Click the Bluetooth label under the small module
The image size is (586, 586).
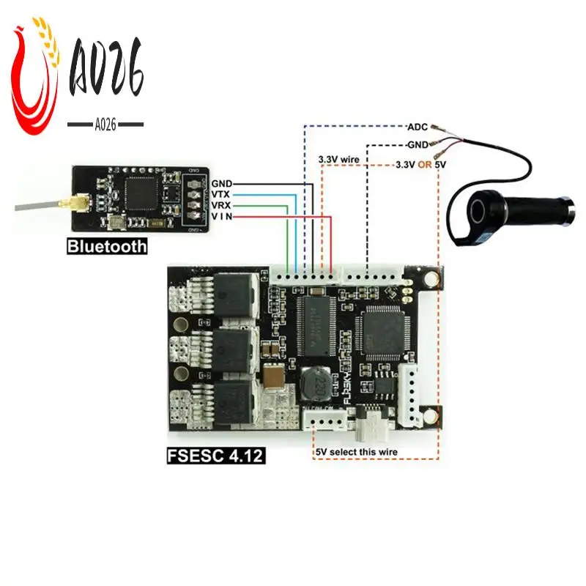107,247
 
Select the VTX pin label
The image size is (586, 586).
221,194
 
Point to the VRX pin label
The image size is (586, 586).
221,206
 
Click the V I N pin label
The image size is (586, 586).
221,217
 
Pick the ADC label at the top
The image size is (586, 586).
417,126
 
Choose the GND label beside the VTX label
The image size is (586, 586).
221,182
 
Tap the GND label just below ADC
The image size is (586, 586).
416,146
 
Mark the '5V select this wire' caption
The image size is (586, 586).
357,452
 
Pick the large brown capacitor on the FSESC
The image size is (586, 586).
275,378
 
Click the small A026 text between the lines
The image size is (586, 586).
105,125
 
